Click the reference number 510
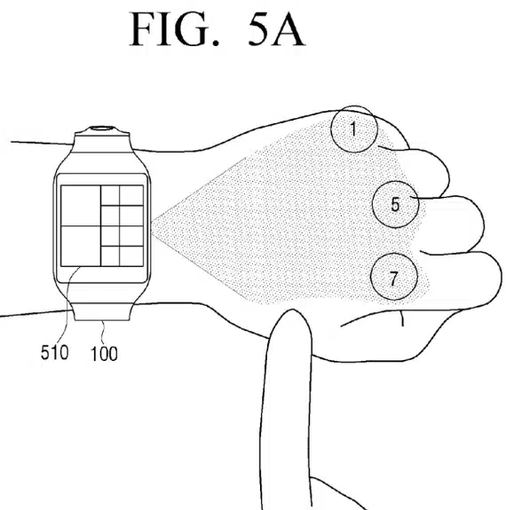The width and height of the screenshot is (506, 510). (x=55, y=352)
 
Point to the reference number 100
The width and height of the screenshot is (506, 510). (x=104, y=354)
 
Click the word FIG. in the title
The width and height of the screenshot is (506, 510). (x=174, y=30)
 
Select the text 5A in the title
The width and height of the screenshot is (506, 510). (x=276, y=30)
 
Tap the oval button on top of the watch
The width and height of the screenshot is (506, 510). (x=102, y=128)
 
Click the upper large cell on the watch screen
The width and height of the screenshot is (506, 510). (x=81, y=206)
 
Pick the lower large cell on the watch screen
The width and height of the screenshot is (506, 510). (x=81, y=246)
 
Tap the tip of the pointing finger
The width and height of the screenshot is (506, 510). (x=291, y=310)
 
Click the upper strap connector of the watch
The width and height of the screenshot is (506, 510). (x=102, y=142)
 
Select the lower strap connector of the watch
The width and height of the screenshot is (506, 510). (x=102, y=311)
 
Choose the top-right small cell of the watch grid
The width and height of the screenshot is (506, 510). (x=131, y=195)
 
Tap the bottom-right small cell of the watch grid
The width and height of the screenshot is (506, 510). (x=131, y=256)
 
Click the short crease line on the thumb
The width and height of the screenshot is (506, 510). (x=402, y=318)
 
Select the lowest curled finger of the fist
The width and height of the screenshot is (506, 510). (x=463, y=279)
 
